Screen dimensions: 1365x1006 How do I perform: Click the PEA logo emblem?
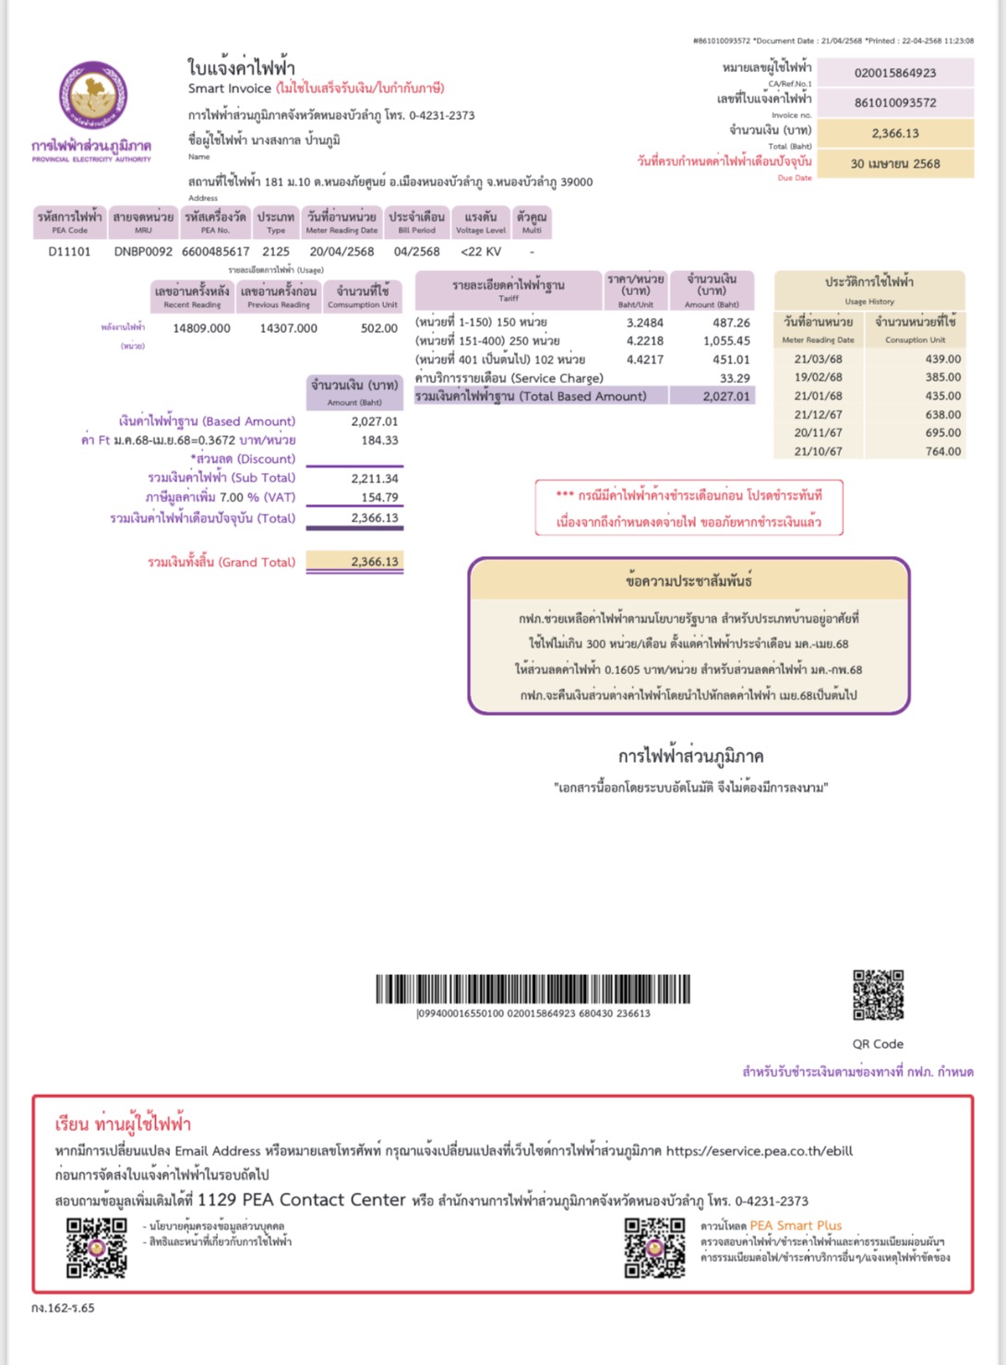point(92,96)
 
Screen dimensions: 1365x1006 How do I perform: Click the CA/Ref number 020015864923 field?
point(894,73)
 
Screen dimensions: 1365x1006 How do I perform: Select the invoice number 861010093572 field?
point(894,102)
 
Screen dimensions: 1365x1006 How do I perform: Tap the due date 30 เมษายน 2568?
point(894,163)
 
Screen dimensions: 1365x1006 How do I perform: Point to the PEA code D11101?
point(69,251)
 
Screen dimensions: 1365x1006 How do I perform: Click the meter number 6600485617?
point(215,251)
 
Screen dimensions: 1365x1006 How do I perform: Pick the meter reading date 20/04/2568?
point(341,251)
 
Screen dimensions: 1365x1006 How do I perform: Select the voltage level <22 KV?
point(480,251)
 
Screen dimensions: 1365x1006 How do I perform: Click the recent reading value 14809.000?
point(201,328)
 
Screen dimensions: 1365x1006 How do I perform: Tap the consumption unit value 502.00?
point(378,328)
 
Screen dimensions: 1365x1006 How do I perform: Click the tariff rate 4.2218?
point(644,341)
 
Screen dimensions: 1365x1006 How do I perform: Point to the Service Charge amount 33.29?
point(735,378)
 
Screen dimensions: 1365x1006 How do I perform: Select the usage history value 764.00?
point(942,452)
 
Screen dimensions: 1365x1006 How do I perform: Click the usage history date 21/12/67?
point(818,415)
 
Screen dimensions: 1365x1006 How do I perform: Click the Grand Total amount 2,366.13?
point(374,562)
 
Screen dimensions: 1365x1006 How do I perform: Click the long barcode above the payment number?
point(533,989)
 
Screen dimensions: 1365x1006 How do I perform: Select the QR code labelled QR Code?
point(878,994)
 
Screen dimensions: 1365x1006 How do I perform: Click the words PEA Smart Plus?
point(796,1226)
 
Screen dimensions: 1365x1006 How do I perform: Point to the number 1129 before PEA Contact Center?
point(217,1200)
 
